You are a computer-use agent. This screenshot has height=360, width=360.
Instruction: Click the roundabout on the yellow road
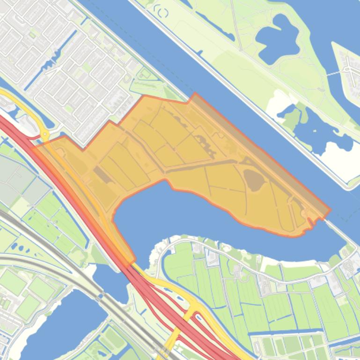[x=45, y=135]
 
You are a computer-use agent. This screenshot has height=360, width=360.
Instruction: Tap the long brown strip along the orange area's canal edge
[x=262, y=150]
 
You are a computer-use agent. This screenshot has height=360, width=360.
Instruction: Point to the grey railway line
[x=61, y=262]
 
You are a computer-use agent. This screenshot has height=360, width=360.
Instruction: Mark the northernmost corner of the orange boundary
[x=194, y=94]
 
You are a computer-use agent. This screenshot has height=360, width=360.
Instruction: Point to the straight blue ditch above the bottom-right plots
[x=300, y=333]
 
